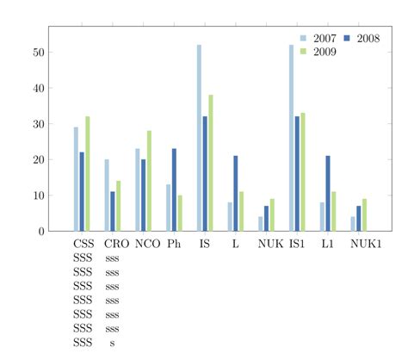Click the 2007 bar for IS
coord(199,138)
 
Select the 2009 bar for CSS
coord(88,173)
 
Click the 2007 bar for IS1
coord(291,138)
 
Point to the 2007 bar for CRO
coord(107,195)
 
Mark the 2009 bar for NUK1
coord(365,214)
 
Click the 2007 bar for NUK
coord(261,223)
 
